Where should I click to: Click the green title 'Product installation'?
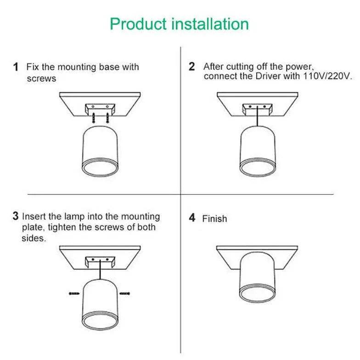click(179, 24)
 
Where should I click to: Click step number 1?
click(16, 67)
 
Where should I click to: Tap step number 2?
click(192, 67)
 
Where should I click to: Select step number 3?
click(16, 216)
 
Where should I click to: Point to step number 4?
click(192, 218)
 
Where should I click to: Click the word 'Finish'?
click(214, 219)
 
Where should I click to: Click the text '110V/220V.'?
click(327, 76)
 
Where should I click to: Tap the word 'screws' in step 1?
click(41, 79)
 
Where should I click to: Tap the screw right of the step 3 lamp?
click(124, 292)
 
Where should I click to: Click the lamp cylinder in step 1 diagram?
click(101, 152)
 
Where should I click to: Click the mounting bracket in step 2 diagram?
click(257, 109)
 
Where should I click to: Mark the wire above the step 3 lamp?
click(98, 273)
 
